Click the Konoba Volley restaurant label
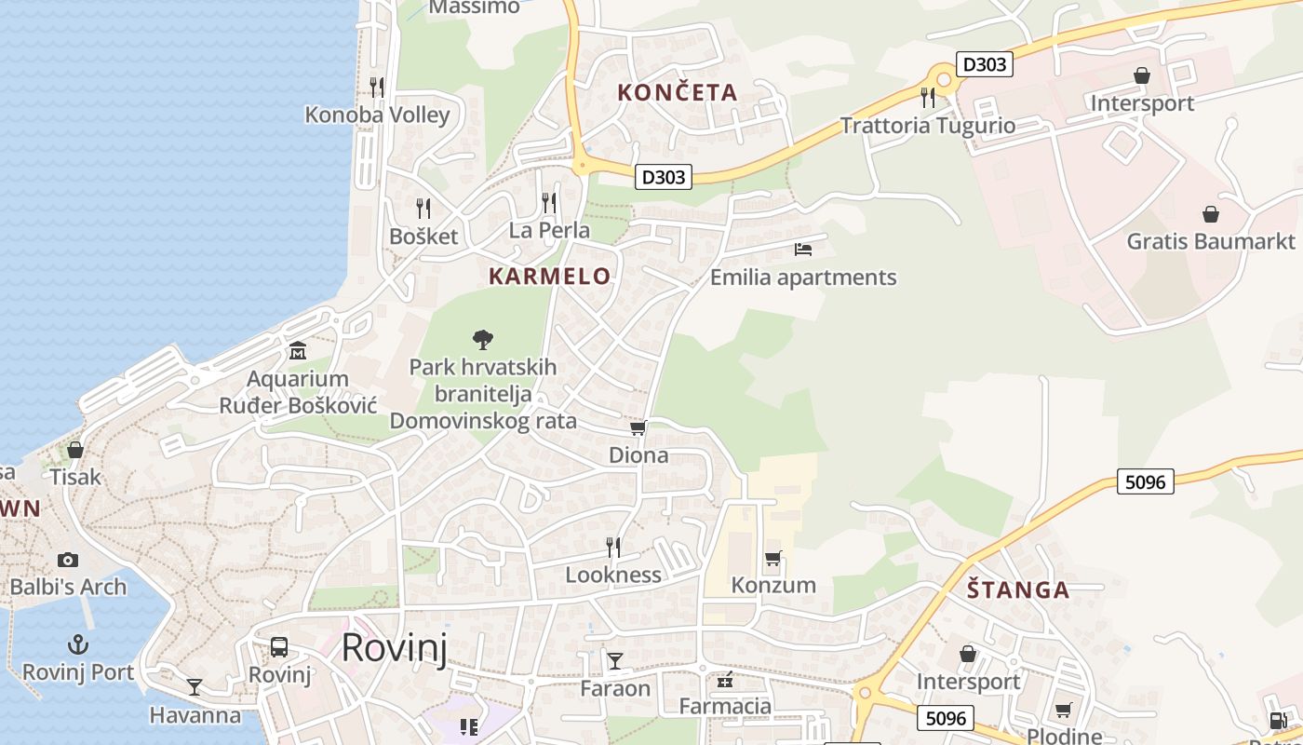377,115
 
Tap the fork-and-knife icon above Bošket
423,208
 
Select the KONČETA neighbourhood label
678,92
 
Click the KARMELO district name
549,276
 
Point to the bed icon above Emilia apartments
803,249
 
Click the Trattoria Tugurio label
928,125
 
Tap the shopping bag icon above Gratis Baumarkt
1211,214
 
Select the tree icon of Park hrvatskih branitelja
482,339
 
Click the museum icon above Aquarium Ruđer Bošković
298,351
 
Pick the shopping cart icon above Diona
638,427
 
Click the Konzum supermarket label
773,585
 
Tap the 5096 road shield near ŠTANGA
1145,481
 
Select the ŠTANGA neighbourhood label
1017,589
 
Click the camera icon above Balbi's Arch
67,560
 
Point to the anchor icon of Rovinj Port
78,644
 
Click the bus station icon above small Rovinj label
279,647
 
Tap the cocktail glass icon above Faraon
615,661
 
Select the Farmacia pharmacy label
725,706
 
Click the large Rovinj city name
395,647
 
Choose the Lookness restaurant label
613,575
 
